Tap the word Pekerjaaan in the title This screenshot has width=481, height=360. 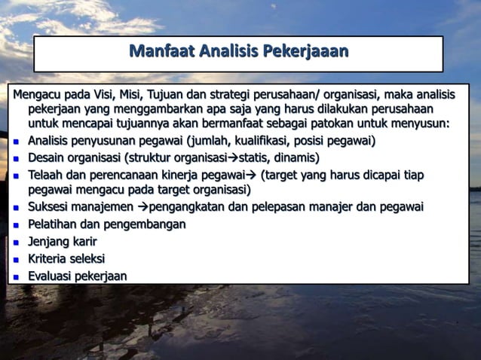(x=305, y=52)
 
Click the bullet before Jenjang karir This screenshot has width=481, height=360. (x=17, y=243)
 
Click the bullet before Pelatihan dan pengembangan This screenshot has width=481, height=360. (x=17, y=225)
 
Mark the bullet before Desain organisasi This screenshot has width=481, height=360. (x=17, y=159)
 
